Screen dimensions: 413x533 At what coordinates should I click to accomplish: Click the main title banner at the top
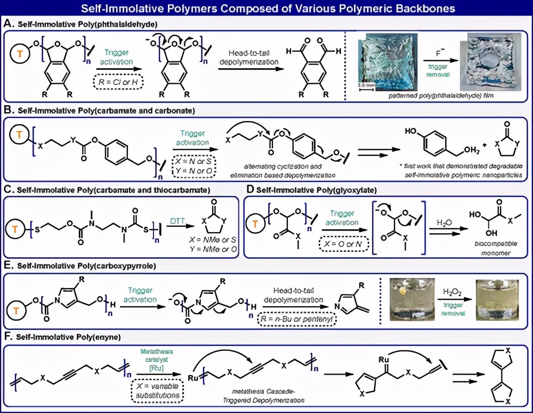point(266,9)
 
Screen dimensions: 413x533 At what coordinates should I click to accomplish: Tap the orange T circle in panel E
point(20,308)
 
